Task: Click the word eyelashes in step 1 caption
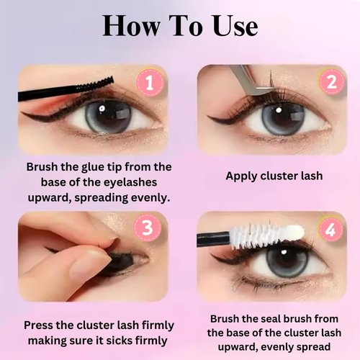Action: coord(127,181)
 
